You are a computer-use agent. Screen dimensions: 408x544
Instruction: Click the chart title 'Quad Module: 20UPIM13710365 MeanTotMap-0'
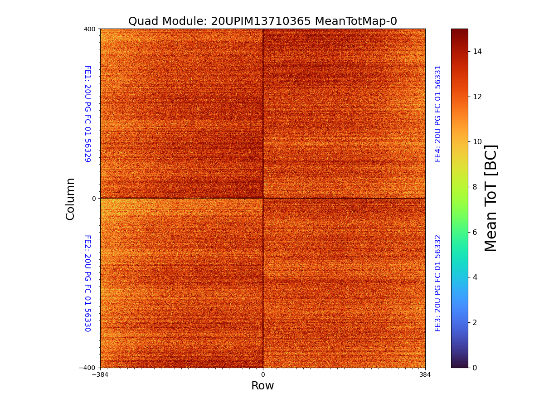262,21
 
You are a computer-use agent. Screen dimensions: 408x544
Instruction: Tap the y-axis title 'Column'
70,199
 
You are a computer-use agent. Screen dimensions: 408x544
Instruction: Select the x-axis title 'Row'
262,386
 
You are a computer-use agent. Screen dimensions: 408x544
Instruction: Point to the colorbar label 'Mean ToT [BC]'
491,198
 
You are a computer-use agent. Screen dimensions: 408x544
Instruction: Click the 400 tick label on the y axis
90,29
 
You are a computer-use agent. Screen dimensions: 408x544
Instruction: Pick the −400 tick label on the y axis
88,368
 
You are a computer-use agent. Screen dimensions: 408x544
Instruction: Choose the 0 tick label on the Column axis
94,199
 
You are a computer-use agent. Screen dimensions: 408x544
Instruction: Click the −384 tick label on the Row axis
100,375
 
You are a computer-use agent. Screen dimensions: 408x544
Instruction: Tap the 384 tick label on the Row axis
425,375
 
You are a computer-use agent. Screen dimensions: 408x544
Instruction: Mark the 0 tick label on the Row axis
262,375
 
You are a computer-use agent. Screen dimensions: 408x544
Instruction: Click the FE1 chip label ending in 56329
87,114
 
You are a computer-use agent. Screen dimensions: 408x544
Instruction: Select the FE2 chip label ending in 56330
87,283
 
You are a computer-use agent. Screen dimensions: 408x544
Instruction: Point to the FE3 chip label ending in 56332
438,283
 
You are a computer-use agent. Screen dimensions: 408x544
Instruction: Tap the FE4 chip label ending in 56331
438,113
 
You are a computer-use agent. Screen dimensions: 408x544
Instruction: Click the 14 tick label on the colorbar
477,51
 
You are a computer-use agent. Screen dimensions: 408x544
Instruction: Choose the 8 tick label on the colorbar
475,187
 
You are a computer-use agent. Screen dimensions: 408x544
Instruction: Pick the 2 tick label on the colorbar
475,322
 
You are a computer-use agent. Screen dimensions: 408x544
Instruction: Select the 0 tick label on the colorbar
475,368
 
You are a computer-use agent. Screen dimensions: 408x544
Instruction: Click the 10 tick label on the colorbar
477,141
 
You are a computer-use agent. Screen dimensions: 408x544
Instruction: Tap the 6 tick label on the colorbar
475,232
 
